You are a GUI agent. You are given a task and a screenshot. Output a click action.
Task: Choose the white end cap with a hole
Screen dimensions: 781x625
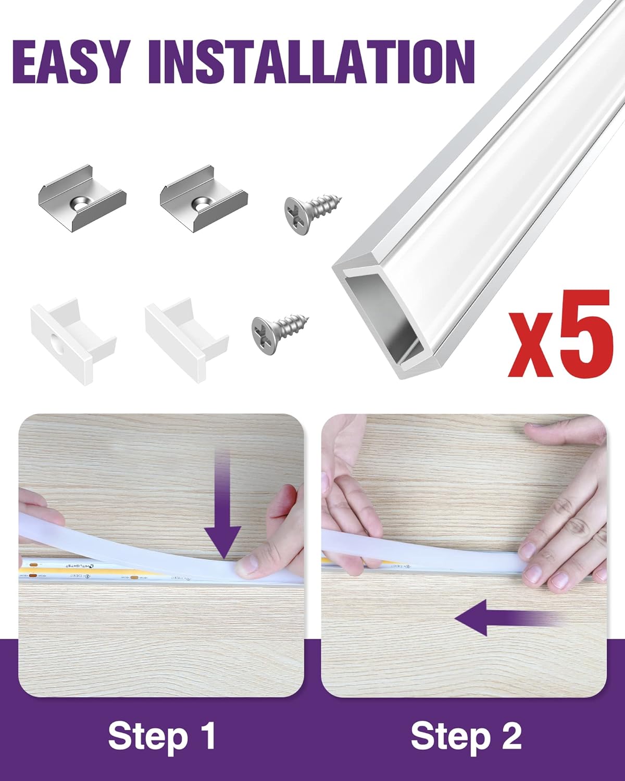click(72, 339)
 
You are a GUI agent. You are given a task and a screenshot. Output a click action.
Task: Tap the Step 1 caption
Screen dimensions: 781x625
click(162, 736)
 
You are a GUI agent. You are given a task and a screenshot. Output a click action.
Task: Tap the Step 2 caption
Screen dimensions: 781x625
click(466, 736)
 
